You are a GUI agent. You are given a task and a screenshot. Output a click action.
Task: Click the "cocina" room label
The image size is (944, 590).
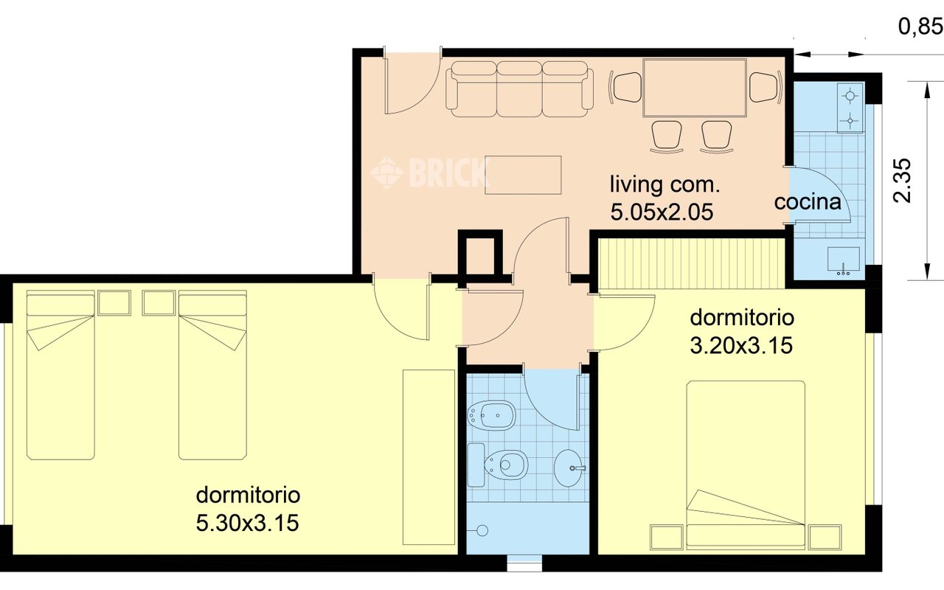[808, 202]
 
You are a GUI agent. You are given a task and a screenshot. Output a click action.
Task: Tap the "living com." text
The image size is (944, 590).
[664, 185]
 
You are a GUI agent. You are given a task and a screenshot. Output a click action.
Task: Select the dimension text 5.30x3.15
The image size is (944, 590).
[248, 524]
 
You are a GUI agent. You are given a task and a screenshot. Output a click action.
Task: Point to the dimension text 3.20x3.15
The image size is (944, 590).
[741, 346]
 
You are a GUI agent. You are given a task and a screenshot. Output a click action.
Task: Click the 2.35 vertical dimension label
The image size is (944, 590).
[902, 181]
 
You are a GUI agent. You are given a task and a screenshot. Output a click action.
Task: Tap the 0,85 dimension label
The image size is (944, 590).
[920, 27]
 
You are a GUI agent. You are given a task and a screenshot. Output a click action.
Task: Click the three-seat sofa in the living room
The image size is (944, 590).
[519, 89]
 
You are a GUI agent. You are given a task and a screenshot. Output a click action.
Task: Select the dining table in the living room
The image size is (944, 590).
[695, 88]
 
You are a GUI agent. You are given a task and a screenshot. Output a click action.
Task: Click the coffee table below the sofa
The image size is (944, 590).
[523, 175]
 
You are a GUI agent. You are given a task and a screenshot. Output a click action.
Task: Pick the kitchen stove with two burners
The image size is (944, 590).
[850, 108]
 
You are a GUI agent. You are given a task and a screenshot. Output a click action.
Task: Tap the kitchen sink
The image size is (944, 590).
[843, 261]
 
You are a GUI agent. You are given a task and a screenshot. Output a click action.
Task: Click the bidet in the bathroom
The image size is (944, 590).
[491, 415]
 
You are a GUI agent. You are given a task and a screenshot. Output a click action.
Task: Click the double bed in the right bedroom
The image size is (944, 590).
[746, 465]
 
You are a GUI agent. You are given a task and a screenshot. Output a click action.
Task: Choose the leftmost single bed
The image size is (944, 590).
[60, 375]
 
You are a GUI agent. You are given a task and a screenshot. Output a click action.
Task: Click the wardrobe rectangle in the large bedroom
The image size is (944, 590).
[429, 457]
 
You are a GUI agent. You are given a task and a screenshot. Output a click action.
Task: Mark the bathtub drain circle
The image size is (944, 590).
[482, 530]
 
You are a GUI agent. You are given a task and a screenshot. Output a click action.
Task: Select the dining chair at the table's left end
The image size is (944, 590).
[626, 87]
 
